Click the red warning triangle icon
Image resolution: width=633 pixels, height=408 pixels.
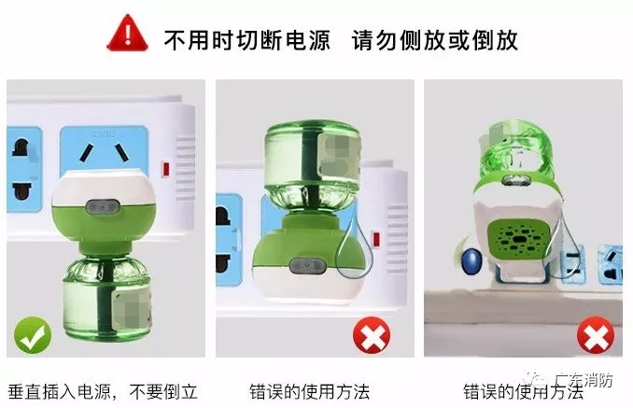[127, 33]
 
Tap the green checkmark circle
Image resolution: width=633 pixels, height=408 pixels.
[33, 335]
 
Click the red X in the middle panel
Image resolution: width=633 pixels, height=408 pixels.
[372, 335]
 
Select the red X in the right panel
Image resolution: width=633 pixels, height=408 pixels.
[596, 335]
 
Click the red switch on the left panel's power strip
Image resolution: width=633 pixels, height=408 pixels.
[165, 169]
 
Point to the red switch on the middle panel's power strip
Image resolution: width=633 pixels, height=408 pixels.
[376, 239]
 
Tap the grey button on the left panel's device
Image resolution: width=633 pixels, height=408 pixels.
[103, 207]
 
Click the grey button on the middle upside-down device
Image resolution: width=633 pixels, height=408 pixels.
[307, 266]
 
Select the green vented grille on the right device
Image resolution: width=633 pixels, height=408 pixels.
[519, 239]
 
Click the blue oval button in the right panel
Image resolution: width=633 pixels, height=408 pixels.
[471, 260]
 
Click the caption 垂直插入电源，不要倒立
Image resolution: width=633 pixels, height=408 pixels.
[103, 391]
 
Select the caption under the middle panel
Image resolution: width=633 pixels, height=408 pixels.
[309, 391]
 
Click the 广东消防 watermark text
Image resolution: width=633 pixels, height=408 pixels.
[584, 380]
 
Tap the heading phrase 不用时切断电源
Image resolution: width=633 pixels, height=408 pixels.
[246, 40]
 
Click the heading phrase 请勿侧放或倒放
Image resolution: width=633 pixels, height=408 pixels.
[434, 40]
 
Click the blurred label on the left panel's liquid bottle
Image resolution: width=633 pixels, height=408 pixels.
[131, 307]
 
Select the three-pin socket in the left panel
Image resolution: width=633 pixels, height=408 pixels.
[104, 153]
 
